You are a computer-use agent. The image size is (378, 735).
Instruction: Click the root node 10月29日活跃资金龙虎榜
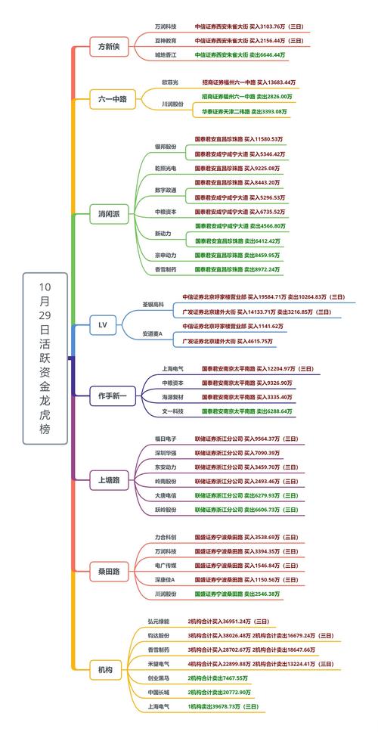point(45,358)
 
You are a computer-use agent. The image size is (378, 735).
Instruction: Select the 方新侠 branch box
point(109,47)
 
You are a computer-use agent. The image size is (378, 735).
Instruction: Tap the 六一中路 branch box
point(112,98)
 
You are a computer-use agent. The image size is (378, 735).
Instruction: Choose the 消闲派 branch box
point(109,214)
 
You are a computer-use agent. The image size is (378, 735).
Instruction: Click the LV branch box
point(104,325)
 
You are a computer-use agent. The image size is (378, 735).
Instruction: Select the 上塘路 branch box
point(109,479)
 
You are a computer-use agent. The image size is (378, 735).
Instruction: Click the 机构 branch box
point(105,669)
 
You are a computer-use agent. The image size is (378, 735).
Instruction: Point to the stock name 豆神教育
point(166,40)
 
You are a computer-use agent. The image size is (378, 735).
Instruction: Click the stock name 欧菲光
point(169,82)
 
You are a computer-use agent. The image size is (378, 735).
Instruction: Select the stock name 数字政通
point(166,190)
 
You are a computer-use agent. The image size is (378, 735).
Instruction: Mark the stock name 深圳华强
point(165,452)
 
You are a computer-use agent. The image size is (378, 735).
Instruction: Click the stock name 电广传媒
point(166,565)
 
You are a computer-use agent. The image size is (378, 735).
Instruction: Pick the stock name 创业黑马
point(159,678)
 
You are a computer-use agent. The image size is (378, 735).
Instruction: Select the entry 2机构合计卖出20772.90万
point(219,692)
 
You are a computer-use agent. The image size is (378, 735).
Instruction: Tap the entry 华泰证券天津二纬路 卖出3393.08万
point(244,111)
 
